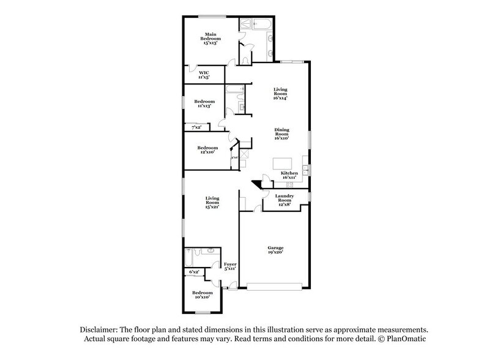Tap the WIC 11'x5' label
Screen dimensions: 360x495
pos(204,75)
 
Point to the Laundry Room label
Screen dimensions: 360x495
pos(285,198)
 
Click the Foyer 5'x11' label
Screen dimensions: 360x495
pos(230,266)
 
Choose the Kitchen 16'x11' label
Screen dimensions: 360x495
pos(289,175)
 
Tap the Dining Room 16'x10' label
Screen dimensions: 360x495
pos(281,133)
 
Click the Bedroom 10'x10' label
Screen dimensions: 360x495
pos(203,295)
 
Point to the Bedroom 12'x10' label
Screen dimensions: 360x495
pos(207,149)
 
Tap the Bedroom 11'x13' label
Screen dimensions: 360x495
pos(204,103)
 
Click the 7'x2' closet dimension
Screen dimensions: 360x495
pos(196,127)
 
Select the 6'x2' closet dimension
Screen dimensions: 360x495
pos(195,271)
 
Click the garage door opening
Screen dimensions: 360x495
pos(275,285)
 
